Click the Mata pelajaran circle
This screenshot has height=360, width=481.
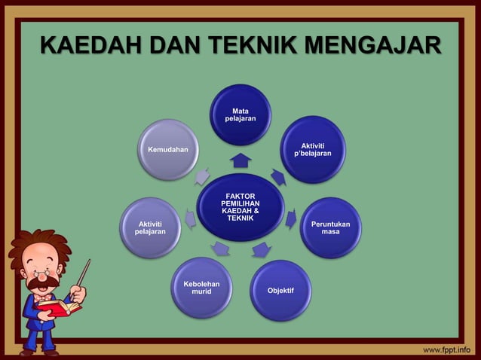click(x=240, y=114)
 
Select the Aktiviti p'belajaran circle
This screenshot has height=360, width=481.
click(x=313, y=149)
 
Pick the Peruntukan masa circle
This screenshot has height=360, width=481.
click(x=330, y=227)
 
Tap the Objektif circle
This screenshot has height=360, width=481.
click(x=280, y=290)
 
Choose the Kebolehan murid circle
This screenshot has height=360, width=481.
click(x=201, y=288)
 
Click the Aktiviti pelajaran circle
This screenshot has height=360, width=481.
click(x=149, y=227)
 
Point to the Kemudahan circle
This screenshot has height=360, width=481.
click(x=167, y=149)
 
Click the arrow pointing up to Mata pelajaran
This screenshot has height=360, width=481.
click(x=240, y=160)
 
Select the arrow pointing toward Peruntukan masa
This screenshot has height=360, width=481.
click(x=291, y=219)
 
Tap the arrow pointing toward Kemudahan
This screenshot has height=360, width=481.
click(x=201, y=177)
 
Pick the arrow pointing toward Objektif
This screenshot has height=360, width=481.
click(x=261, y=249)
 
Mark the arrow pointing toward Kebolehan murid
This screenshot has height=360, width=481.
click(x=221, y=248)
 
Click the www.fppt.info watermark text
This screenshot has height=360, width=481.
click(x=447, y=349)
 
